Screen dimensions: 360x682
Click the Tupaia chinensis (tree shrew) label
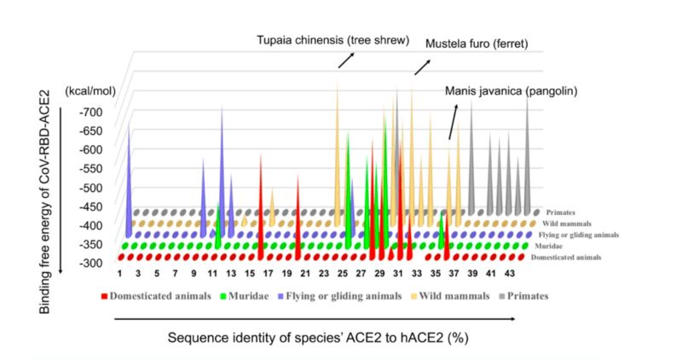[334, 41]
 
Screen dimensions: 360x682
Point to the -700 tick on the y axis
[91, 112]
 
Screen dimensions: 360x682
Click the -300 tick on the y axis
[91, 263]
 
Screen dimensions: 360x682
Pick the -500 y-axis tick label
[91, 187]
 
